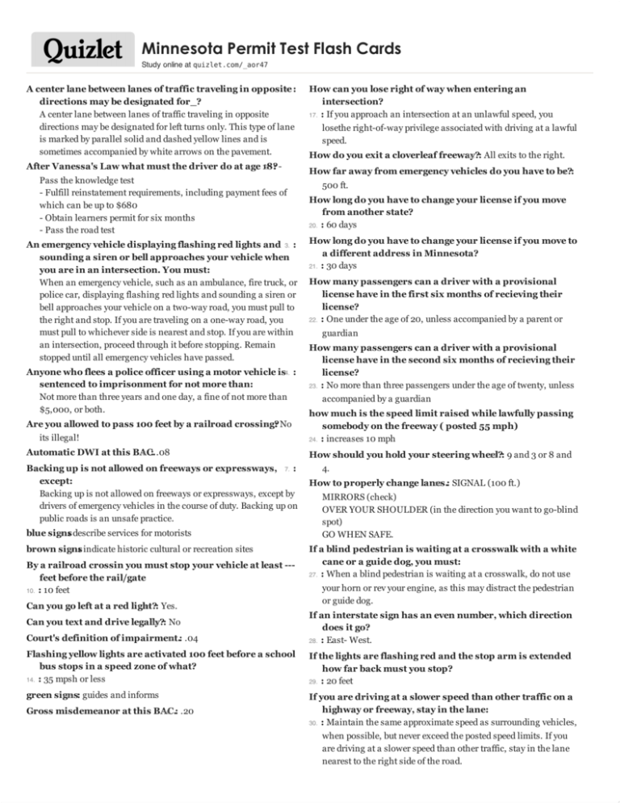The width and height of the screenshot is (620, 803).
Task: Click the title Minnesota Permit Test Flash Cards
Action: pos(270,49)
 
